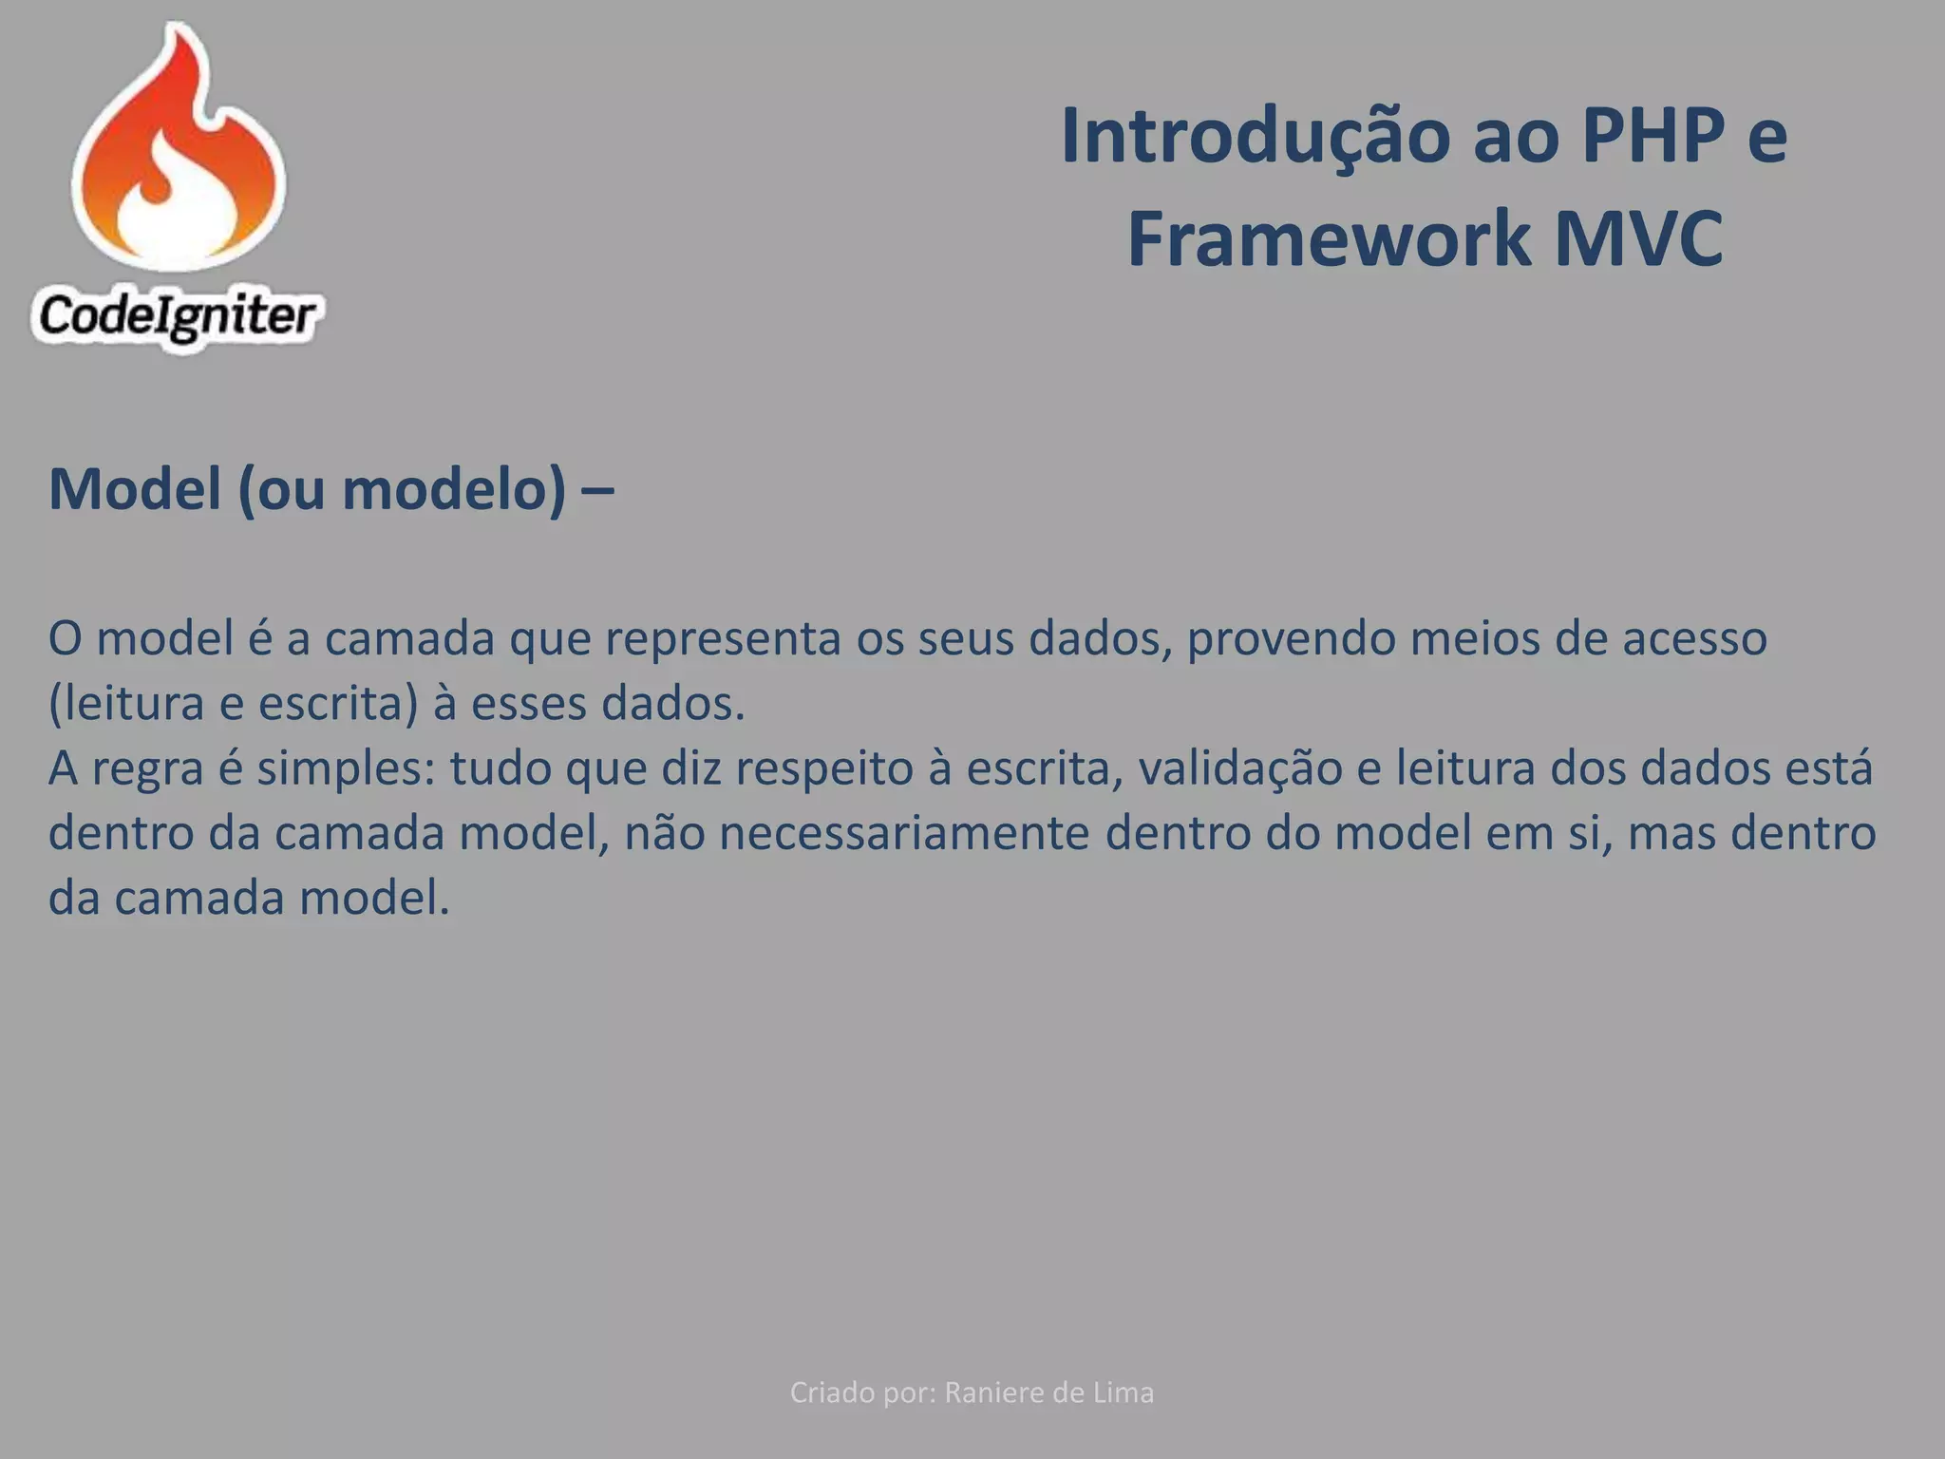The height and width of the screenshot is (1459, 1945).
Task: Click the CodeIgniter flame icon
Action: pos(179,152)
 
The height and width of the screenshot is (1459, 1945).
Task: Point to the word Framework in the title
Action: pos(1328,239)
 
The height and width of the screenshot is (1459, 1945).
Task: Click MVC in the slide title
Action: pos(1638,239)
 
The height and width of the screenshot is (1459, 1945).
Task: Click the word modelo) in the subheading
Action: pos(454,489)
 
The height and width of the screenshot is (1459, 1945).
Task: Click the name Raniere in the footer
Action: pos(998,1393)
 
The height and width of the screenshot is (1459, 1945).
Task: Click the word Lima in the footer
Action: pos(1124,1393)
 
